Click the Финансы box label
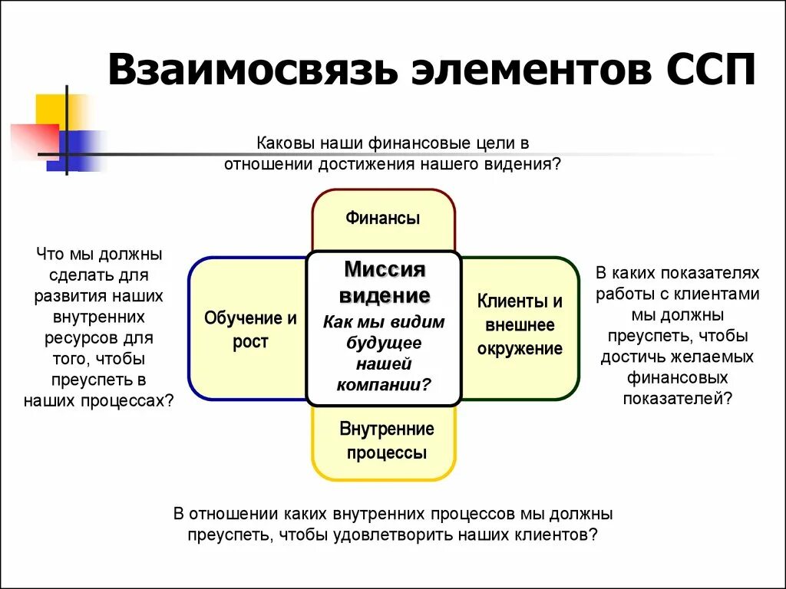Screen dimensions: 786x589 pos(383,218)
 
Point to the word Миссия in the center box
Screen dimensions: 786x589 pos(384,270)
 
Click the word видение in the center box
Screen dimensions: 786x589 pos(384,295)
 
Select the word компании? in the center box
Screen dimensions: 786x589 pos(384,383)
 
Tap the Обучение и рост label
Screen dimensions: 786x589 pos(250,330)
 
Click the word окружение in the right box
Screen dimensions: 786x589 pos(520,349)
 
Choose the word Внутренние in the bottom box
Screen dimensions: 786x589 pos(386,429)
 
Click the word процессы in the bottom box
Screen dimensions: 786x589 pos(386,452)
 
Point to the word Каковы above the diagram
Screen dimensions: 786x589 pos(284,143)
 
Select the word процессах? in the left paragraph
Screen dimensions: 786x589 pos(129,400)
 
